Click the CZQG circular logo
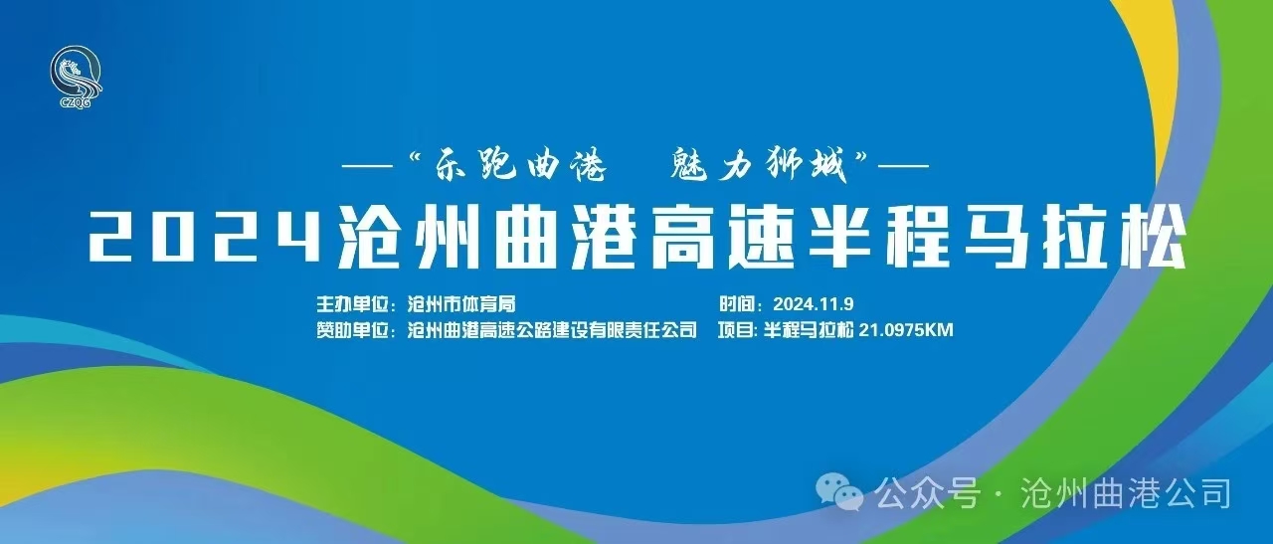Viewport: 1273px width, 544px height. (76, 77)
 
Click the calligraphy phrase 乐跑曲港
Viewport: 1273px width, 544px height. (520, 164)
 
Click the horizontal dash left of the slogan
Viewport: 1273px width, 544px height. (368, 166)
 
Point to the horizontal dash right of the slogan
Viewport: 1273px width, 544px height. (903, 166)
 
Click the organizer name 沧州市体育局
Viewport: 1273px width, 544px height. (461, 304)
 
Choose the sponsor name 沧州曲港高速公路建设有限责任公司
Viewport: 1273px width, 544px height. (552, 330)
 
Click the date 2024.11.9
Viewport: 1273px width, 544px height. (814, 304)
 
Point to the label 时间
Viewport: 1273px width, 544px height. (736, 304)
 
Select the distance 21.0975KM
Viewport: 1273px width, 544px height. (906, 330)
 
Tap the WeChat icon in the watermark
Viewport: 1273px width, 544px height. (839, 492)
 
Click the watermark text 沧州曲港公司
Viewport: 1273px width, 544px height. (1127, 492)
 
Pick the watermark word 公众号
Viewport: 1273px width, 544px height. (928, 492)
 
